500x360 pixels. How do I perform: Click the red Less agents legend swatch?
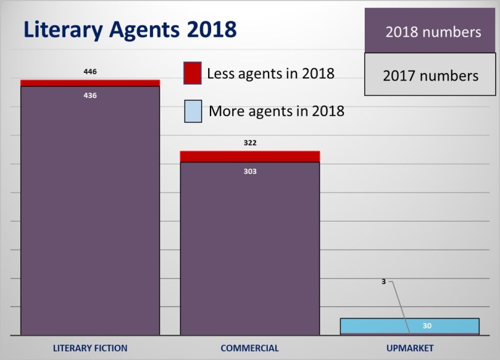click(x=193, y=73)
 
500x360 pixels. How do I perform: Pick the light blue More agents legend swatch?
click(x=193, y=111)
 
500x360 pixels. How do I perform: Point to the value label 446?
click(x=90, y=72)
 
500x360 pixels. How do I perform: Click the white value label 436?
click(x=90, y=96)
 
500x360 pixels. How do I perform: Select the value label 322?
click(x=250, y=143)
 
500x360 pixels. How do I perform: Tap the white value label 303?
click(x=250, y=171)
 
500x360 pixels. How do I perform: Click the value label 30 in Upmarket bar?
click(x=427, y=326)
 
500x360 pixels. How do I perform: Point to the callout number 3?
click(x=383, y=282)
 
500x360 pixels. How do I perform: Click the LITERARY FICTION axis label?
click(x=90, y=348)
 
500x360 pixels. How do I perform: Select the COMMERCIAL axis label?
click(x=250, y=348)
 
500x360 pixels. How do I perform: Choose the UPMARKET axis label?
click(x=410, y=348)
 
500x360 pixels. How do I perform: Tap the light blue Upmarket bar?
click(x=370, y=325)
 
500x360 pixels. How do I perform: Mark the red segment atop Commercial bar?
click(x=250, y=156)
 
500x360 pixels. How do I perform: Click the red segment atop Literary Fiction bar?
click(x=90, y=83)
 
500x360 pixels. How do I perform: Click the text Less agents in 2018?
click(x=270, y=73)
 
